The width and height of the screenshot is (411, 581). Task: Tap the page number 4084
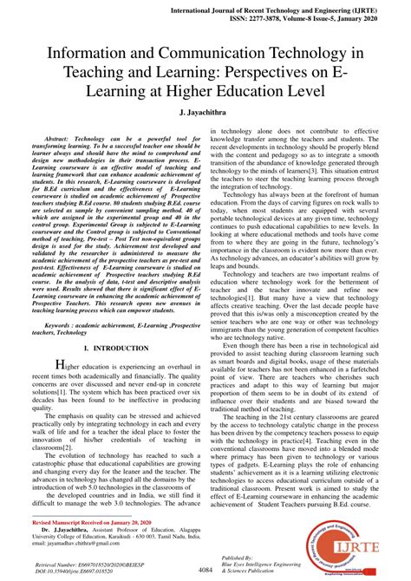point(205,569)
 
